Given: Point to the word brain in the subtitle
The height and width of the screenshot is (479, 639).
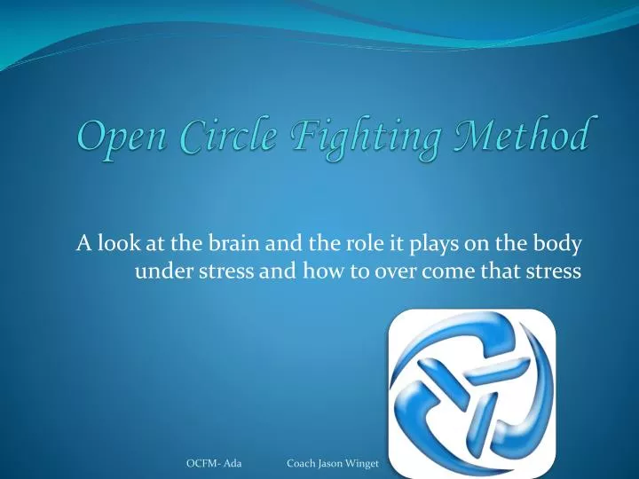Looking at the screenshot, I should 226,243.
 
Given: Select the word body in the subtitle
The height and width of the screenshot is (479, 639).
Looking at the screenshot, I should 560,243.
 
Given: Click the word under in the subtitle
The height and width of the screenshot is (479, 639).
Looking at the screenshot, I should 158,271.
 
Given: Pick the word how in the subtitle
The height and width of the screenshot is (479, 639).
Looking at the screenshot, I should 325,271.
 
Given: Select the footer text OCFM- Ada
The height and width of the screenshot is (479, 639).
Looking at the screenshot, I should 215,464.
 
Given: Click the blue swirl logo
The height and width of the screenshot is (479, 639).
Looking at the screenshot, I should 472,389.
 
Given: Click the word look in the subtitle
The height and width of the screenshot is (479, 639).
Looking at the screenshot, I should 117,243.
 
